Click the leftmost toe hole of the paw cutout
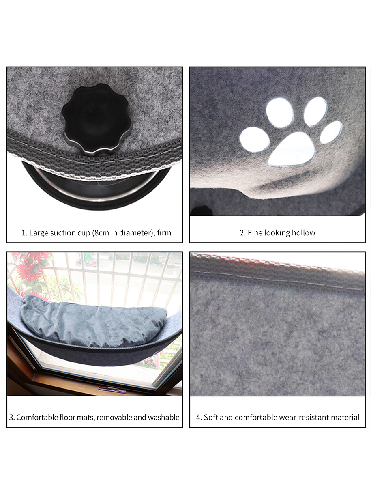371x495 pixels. [x=254, y=139]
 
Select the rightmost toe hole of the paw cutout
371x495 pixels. [x=331, y=132]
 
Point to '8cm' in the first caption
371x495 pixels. [x=100, y=233]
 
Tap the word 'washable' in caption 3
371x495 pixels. [x=163, y=417]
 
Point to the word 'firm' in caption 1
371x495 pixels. [x=164, y=233]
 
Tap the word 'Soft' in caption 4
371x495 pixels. [x=211, y=417]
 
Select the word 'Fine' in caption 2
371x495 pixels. [x=255, y=233]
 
